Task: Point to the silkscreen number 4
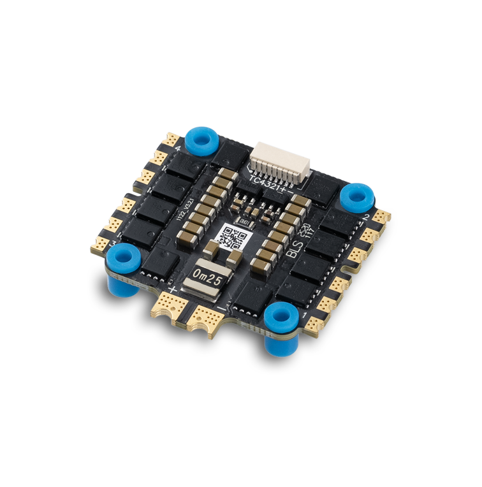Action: click(177, 150)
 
